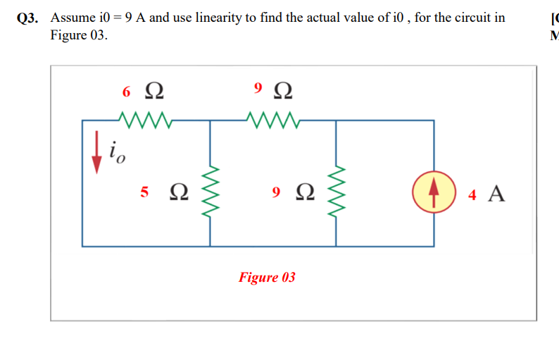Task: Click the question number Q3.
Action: pyautogui.click(x=28, y=18)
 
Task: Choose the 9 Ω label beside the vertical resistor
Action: pyautogui.click(x=293, y=191)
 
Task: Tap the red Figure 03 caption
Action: pyautogui.click(x=267, y=277)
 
